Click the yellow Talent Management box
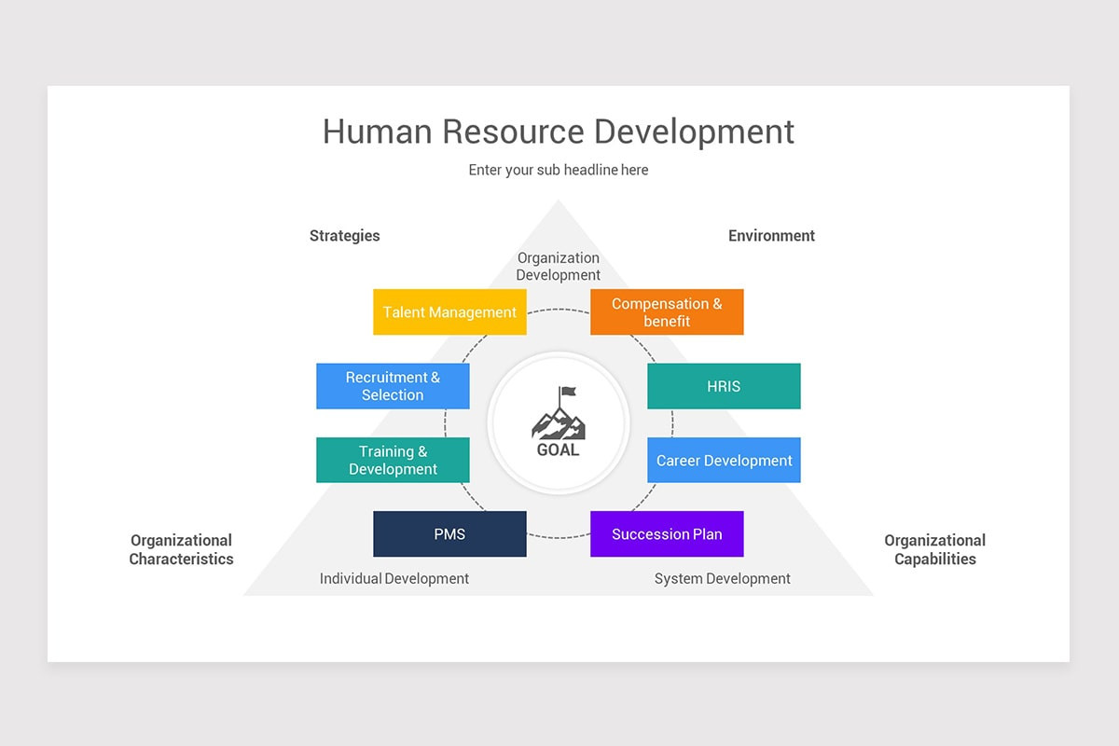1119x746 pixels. coord(449,311)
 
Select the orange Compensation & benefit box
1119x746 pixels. coord(667,311)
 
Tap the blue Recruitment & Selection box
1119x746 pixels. coord(393,386)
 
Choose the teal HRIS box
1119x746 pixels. coord(724,386)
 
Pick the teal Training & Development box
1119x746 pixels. coord(393,460)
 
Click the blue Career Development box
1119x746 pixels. coord(724,460)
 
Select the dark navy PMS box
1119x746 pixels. coord(449,533)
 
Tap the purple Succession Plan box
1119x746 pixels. coord(667,533)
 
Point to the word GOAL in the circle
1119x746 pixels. coord(559,449)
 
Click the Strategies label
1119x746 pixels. coord(345,236)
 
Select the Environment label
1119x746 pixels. coord(771,236)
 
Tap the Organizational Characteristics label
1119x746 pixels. coord(181,549)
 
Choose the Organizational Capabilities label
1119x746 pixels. coord(934,549)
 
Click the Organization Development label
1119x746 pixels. coord(559,266)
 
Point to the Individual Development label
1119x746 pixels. coord(394,578)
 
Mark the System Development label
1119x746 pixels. coord(722,578)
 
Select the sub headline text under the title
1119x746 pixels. coord(559,170)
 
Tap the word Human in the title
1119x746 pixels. coord(377,131)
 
